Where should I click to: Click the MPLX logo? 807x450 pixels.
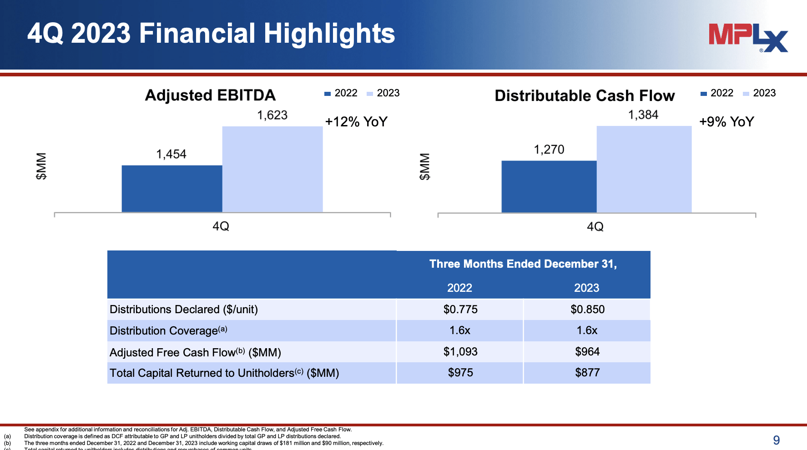click(x=748, y=37)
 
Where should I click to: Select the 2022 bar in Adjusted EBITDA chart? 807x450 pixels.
click(x=171, y=189)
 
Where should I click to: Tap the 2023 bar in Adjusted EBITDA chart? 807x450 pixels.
click(x=272, y=169)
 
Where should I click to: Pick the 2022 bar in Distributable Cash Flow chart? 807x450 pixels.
click(x=549, y=186)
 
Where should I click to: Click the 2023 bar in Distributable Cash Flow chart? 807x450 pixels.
click(x=644, y=169)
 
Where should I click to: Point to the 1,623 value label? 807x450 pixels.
click(x=272, y=115)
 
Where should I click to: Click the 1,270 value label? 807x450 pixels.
click(x=549, y=150)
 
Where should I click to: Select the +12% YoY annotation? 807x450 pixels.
click(x=356, y=122)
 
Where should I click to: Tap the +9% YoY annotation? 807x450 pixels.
click(x=726, y=122)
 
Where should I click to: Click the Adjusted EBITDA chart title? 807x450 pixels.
click(x=210, y=95)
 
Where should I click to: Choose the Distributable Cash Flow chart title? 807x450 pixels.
click(x=585, y=96)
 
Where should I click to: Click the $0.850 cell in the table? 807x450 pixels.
click(x=587, y=310)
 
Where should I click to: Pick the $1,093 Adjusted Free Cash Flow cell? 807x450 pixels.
click(x=460, y=352)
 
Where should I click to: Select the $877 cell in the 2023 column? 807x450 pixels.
click(x=587, y=373)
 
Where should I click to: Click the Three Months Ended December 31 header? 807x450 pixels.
click(x=523, y=264)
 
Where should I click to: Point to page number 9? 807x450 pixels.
click(x=776, y=440)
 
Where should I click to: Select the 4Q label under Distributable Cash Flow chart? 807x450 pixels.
click(x=595, y=226)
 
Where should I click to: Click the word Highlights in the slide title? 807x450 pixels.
click(x=329, y=34)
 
